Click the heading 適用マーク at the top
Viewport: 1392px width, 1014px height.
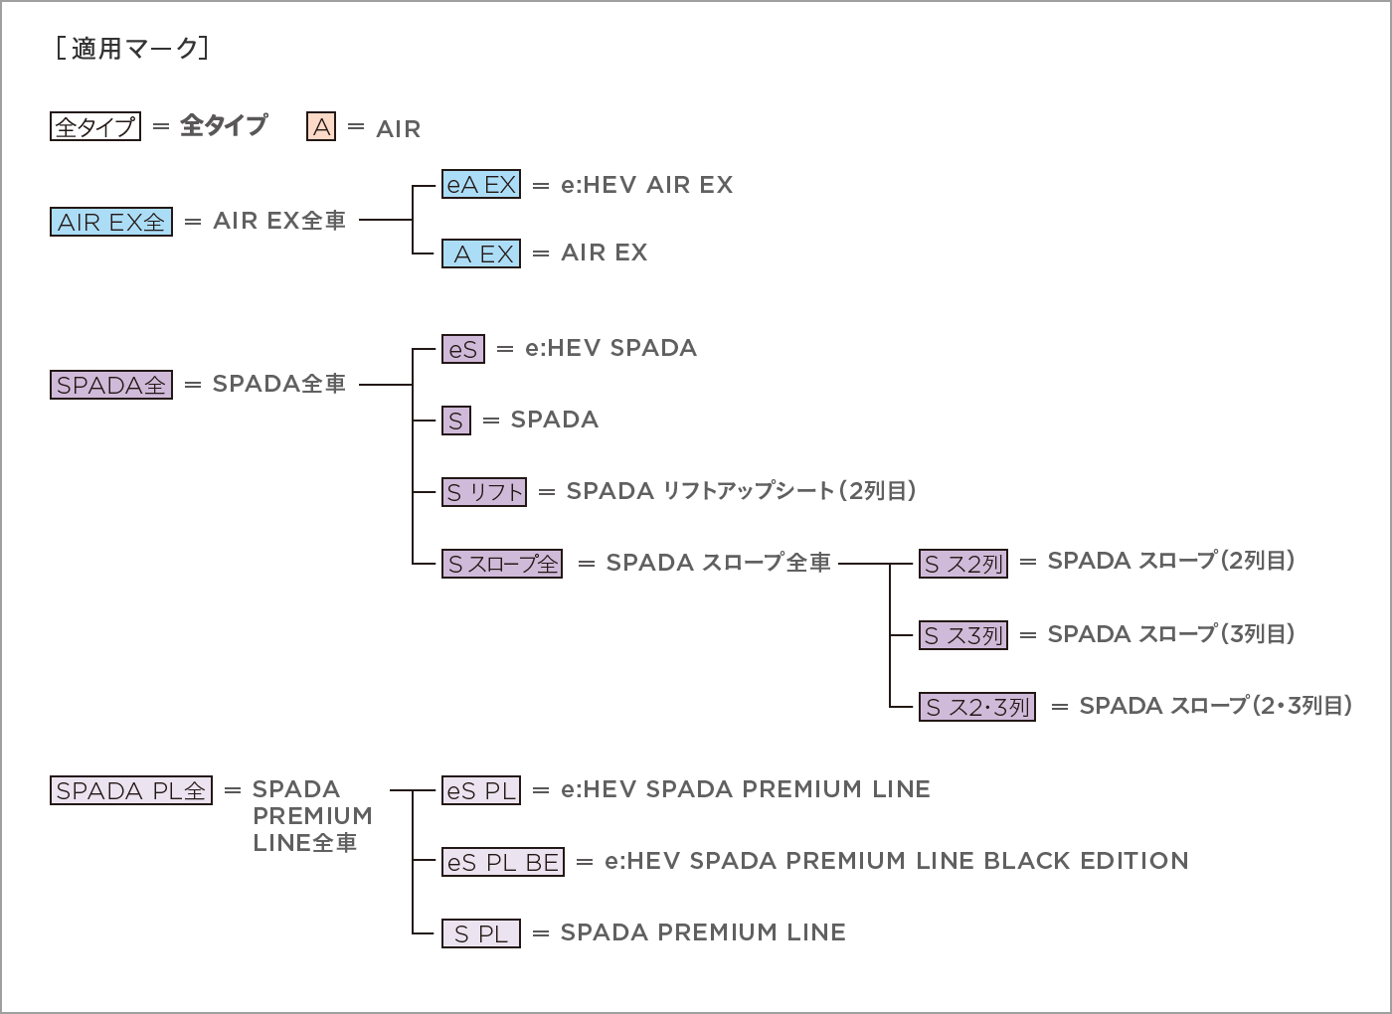pos(131,48)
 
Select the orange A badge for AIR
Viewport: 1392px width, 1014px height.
pos(321,127)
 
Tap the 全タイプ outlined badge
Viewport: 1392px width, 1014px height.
pos(95,127)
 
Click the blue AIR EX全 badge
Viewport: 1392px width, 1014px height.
pos(111,222)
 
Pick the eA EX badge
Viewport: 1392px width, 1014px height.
pos(481,185)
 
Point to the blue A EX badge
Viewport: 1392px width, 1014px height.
pos(481,253)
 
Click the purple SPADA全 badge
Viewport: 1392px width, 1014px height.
pos(111,385)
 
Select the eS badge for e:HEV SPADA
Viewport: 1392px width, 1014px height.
pos(463,349)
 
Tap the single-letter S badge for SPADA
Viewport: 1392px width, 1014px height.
pos(456,421)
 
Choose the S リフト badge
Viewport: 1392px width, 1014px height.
pos(484,492)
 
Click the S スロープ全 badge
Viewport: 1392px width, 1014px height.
pos(502,564)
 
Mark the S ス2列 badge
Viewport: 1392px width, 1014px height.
pos(963,564)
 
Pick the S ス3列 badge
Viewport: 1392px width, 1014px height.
pos(963,635)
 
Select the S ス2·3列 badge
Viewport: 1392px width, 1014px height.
pos(977,707)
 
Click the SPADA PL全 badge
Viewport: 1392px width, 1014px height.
pos(131,791)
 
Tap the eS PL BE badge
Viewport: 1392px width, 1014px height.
pos(503,862)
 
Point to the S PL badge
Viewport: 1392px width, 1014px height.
pos(481,933)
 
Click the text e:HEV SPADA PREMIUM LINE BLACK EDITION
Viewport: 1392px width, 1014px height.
pos(896,861)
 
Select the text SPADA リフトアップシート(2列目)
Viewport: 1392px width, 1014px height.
pos(741,491)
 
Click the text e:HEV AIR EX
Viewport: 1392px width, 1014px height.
pos(646,185)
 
